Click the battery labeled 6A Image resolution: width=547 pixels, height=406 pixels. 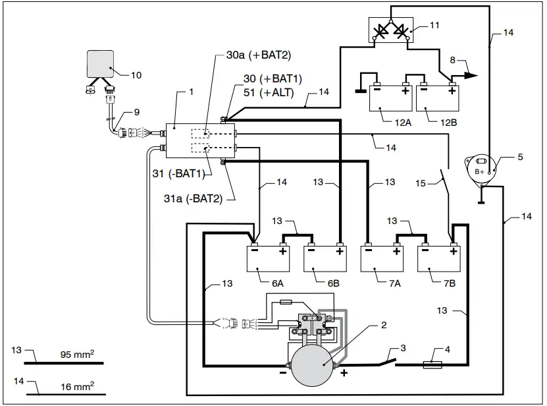[268, 258]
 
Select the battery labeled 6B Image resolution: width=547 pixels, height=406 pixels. [325, 258]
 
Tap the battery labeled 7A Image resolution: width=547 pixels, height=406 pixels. [382, 258]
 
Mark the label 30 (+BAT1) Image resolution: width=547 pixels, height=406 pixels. [263, 79]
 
